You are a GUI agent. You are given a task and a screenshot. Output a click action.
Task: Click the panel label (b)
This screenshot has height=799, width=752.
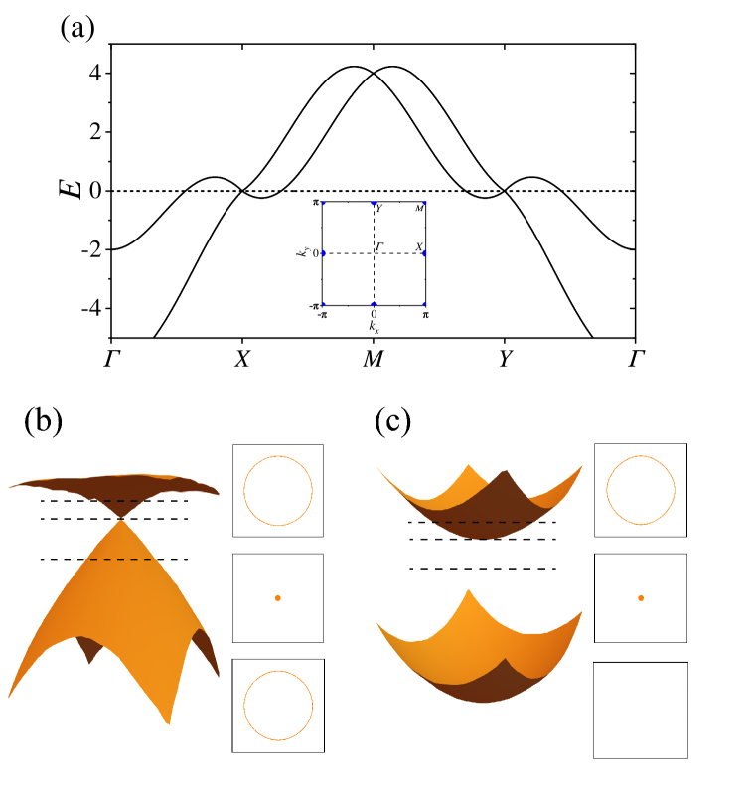(x=43, y=421)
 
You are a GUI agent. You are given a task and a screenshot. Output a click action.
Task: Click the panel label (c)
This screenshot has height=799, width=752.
(x=392, y=421)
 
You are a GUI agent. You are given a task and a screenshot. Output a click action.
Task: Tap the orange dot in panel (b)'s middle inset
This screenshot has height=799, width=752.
(x=278, y=597)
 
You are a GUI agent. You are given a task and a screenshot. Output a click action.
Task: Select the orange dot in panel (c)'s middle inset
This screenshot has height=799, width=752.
(x=641, y=597)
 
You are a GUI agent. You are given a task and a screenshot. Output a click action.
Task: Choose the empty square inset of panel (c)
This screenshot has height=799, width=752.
(x=641, y=710)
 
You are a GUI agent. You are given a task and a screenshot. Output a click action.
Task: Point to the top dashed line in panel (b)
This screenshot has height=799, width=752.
(x=114, y=501)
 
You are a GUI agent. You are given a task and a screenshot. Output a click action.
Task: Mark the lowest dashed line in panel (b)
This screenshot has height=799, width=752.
(x=114, y=560)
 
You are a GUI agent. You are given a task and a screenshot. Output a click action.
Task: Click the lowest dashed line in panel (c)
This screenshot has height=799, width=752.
(x=482, y=569)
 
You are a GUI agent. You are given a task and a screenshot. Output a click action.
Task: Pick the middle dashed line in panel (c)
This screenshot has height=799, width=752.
(x=482, y=540)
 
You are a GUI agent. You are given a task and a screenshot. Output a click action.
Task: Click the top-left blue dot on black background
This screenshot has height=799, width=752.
(x=323, y=203)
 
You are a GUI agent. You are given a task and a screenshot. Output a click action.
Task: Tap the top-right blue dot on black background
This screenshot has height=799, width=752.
(x=424, y=203)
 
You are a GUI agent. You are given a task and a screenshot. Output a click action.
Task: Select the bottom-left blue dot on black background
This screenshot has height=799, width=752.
(x=323, y=303)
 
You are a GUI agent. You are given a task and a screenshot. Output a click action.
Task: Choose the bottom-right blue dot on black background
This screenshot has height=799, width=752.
(x=424, y=303)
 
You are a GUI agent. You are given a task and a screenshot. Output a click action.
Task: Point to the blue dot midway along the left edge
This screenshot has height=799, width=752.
(x=323, y=253)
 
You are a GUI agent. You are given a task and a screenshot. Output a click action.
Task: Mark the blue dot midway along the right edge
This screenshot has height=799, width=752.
(x=424, y=253)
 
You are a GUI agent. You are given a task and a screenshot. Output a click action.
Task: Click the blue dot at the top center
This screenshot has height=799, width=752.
(x=374, y=203)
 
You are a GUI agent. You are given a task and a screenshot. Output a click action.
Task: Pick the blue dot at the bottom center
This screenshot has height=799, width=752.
(x=374, y=303)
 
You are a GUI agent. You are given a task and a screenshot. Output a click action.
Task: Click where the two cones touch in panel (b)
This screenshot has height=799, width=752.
(x=121, y=518)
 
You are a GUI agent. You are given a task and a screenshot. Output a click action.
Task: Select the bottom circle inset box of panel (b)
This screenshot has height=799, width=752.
(x=278, y=706)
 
